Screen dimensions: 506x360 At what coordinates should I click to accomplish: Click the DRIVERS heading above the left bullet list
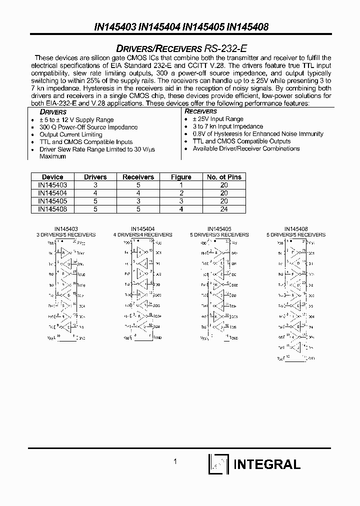coord(53,112)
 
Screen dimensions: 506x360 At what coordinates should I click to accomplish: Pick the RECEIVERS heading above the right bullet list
coord(201,111)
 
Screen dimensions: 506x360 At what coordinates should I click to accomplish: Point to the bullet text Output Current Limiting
coord(70,134)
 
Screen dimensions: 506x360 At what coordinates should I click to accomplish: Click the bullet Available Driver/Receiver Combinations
coord(246,148)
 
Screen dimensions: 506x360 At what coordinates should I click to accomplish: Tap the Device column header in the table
coord(52,177)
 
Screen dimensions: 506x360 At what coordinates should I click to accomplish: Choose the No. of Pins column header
coord(224,177)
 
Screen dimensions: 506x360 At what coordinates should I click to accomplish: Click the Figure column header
coord(181,177)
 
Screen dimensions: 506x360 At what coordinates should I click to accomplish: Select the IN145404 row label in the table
coord(52,193)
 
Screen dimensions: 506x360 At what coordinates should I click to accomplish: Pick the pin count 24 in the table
coord(224,209)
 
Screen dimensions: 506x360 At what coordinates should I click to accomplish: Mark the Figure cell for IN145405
coord(181,201)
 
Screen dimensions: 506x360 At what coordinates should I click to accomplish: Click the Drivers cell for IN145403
coord(95,185)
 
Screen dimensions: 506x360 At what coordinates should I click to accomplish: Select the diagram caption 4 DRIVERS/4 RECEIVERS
coord(142,234)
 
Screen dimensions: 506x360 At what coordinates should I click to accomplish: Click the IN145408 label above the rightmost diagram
coord(296,228)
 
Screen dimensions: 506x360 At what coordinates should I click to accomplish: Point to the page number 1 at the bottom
coord(175,462)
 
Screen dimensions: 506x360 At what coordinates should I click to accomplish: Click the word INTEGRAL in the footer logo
coord(267,464)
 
